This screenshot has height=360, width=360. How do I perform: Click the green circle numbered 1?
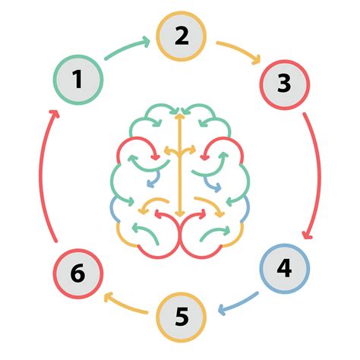click(x=77, y=79)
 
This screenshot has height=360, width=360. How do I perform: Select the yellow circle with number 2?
click(x=181, y=36)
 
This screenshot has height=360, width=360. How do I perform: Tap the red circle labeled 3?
click(x=284, y=84)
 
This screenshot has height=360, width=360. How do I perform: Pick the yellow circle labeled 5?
click(x=181, y=315)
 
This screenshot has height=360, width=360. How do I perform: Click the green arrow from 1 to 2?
click(x=128, y=49)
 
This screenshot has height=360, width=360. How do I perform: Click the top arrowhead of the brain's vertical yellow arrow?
click(x=179, y=116)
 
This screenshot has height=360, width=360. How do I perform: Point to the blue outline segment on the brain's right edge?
click(x=245, y=207)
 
